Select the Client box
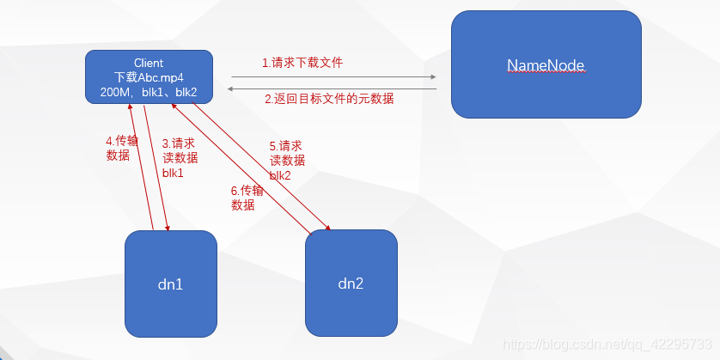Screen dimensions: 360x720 pyautogui.click(x=149, y=76)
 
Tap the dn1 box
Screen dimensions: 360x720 pyautogui.click(x=170, y=283)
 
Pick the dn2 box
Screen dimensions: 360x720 pyautogui.click(x=351, y=283)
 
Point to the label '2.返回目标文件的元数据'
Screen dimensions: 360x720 pyautogui.click(x=329, y=99)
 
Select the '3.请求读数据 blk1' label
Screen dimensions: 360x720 pyautogui.click(x=180, y=157)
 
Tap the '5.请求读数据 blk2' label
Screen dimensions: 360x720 pyautogui.click(x=287, y=161)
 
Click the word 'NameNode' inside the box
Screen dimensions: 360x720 pyautogui.click(x=546, y=65)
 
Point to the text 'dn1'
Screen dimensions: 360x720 pyautogui.click(x=170, y=283)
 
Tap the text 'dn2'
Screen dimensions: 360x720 pyautogui.click(x=351, y=283)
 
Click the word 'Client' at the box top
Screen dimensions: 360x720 pyautogui.click(x=149, y=63)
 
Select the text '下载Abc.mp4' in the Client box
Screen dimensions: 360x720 pyautogui.click(x=149, y=76)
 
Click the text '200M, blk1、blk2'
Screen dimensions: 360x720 pyautogui.click(x=149, y=91)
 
